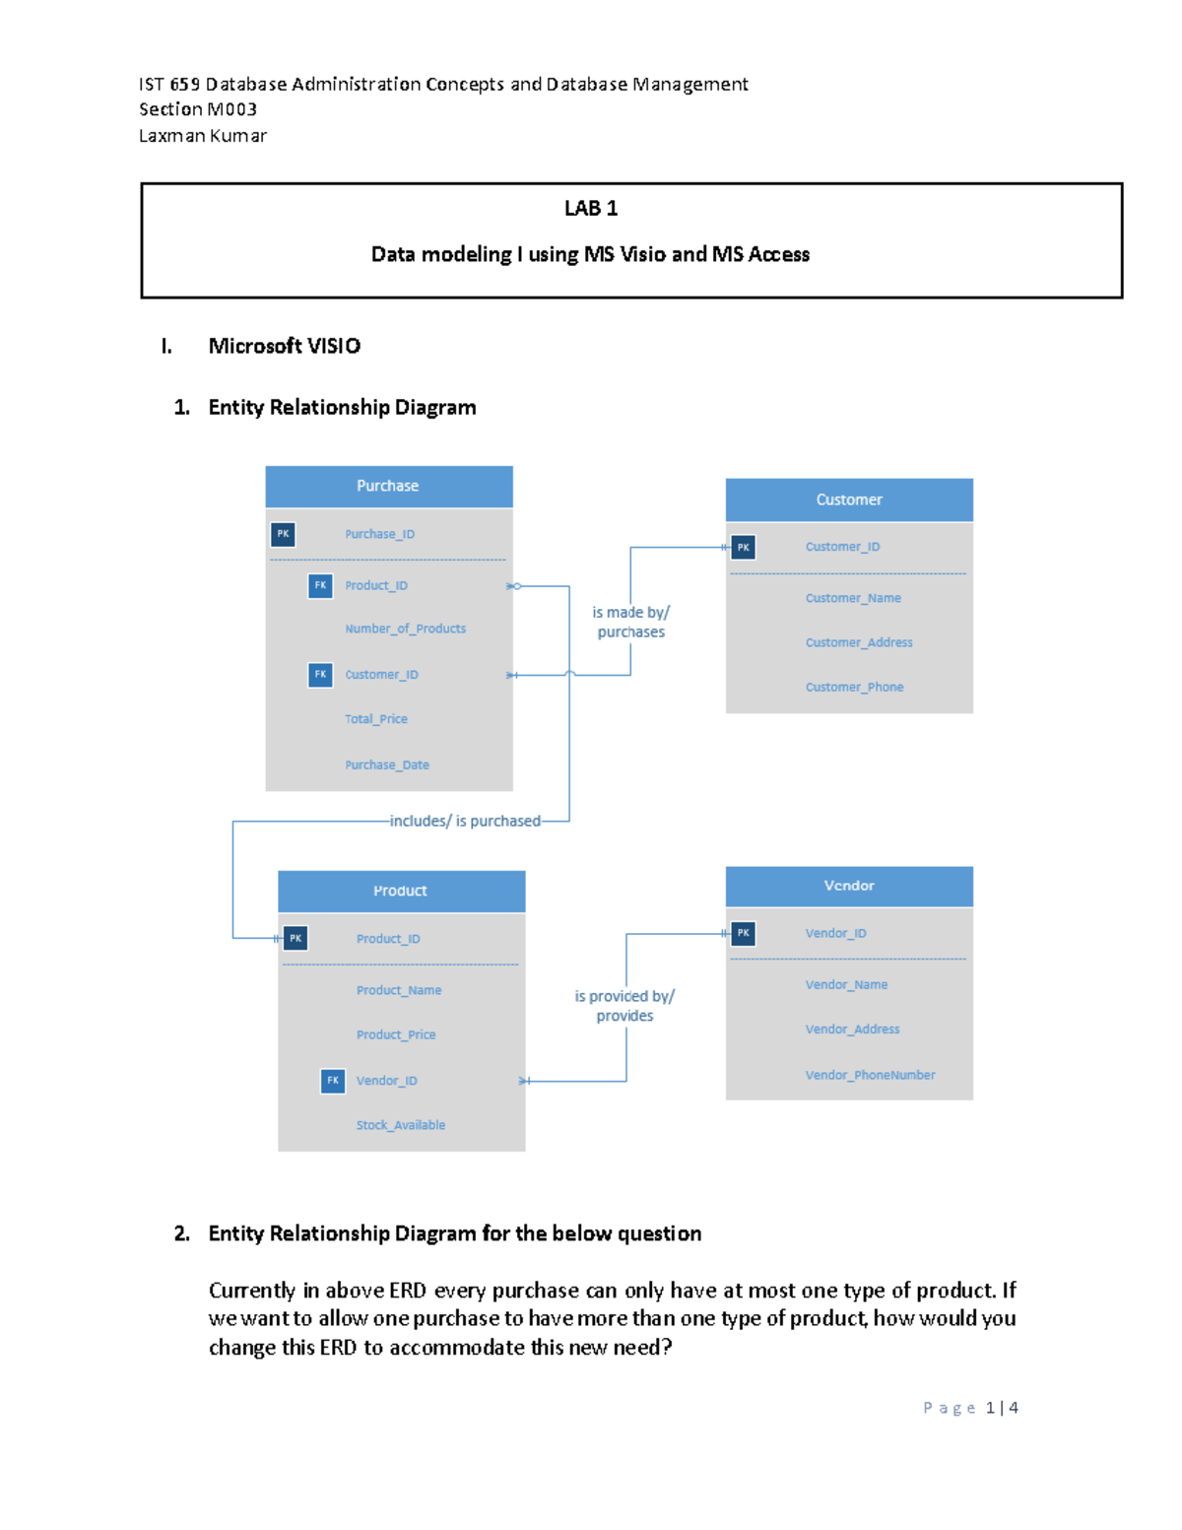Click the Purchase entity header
pos(388,486)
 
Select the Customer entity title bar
pos(849,499)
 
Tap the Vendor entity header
pos(849,886)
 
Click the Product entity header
pos(400,891)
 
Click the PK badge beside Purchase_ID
pos(283,534)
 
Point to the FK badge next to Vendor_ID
pos(333,1081)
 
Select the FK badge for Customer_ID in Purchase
pos(320,675)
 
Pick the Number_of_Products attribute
pos(405,629)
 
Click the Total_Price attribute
pos(375,719)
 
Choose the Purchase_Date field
pos(386,765)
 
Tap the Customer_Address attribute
pos(858,642)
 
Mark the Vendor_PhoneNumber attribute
pos(870,1075)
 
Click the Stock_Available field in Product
pos(400,1125)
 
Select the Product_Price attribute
pos(395,1034)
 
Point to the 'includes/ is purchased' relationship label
pos(465,821)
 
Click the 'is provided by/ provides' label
pos(624,1006)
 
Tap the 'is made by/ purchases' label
pos(630,622)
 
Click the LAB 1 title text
pos(591,208)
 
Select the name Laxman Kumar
pos(203,136)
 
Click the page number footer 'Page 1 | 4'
pos(970,1408)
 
